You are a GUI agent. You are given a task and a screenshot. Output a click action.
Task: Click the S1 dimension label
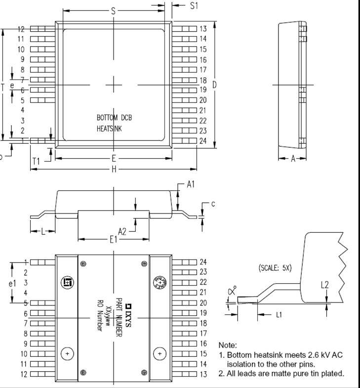(194, 5)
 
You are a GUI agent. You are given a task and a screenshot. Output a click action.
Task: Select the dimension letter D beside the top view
(214, 85)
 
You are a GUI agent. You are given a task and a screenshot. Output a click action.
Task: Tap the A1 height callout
(191, 184)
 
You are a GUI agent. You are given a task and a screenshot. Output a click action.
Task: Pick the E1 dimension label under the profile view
(114, 239)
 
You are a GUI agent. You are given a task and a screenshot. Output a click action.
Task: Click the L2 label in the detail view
(324, 285)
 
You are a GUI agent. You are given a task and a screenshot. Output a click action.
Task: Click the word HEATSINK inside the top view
(109, 129)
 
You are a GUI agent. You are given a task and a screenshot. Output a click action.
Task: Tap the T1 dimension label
(36, 161)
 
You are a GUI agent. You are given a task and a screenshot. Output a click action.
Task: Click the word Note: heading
(228, 345)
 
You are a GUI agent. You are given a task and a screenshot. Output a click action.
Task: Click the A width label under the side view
(292, 159)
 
